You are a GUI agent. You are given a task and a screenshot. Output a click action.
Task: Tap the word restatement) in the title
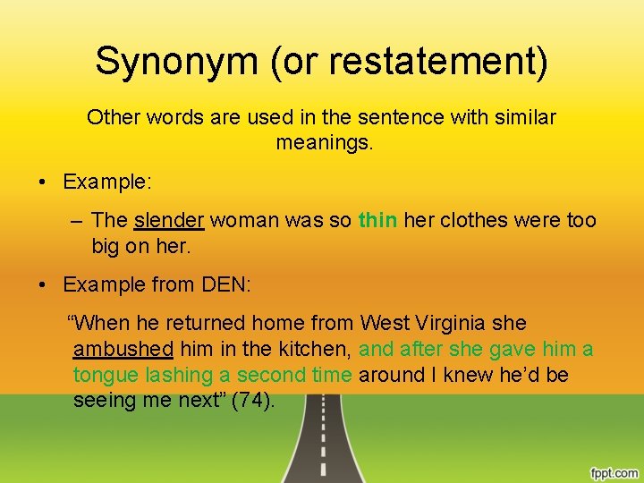tap(438, 63)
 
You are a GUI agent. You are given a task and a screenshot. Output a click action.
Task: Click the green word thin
tap(377, 220)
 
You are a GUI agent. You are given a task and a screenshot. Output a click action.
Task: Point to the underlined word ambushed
tap(123, 349)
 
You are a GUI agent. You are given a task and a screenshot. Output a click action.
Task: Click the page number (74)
tap(253, 401)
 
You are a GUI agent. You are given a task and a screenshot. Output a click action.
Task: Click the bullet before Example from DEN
tap(43, 285)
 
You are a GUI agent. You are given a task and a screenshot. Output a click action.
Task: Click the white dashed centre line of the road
tap(322, 447)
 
